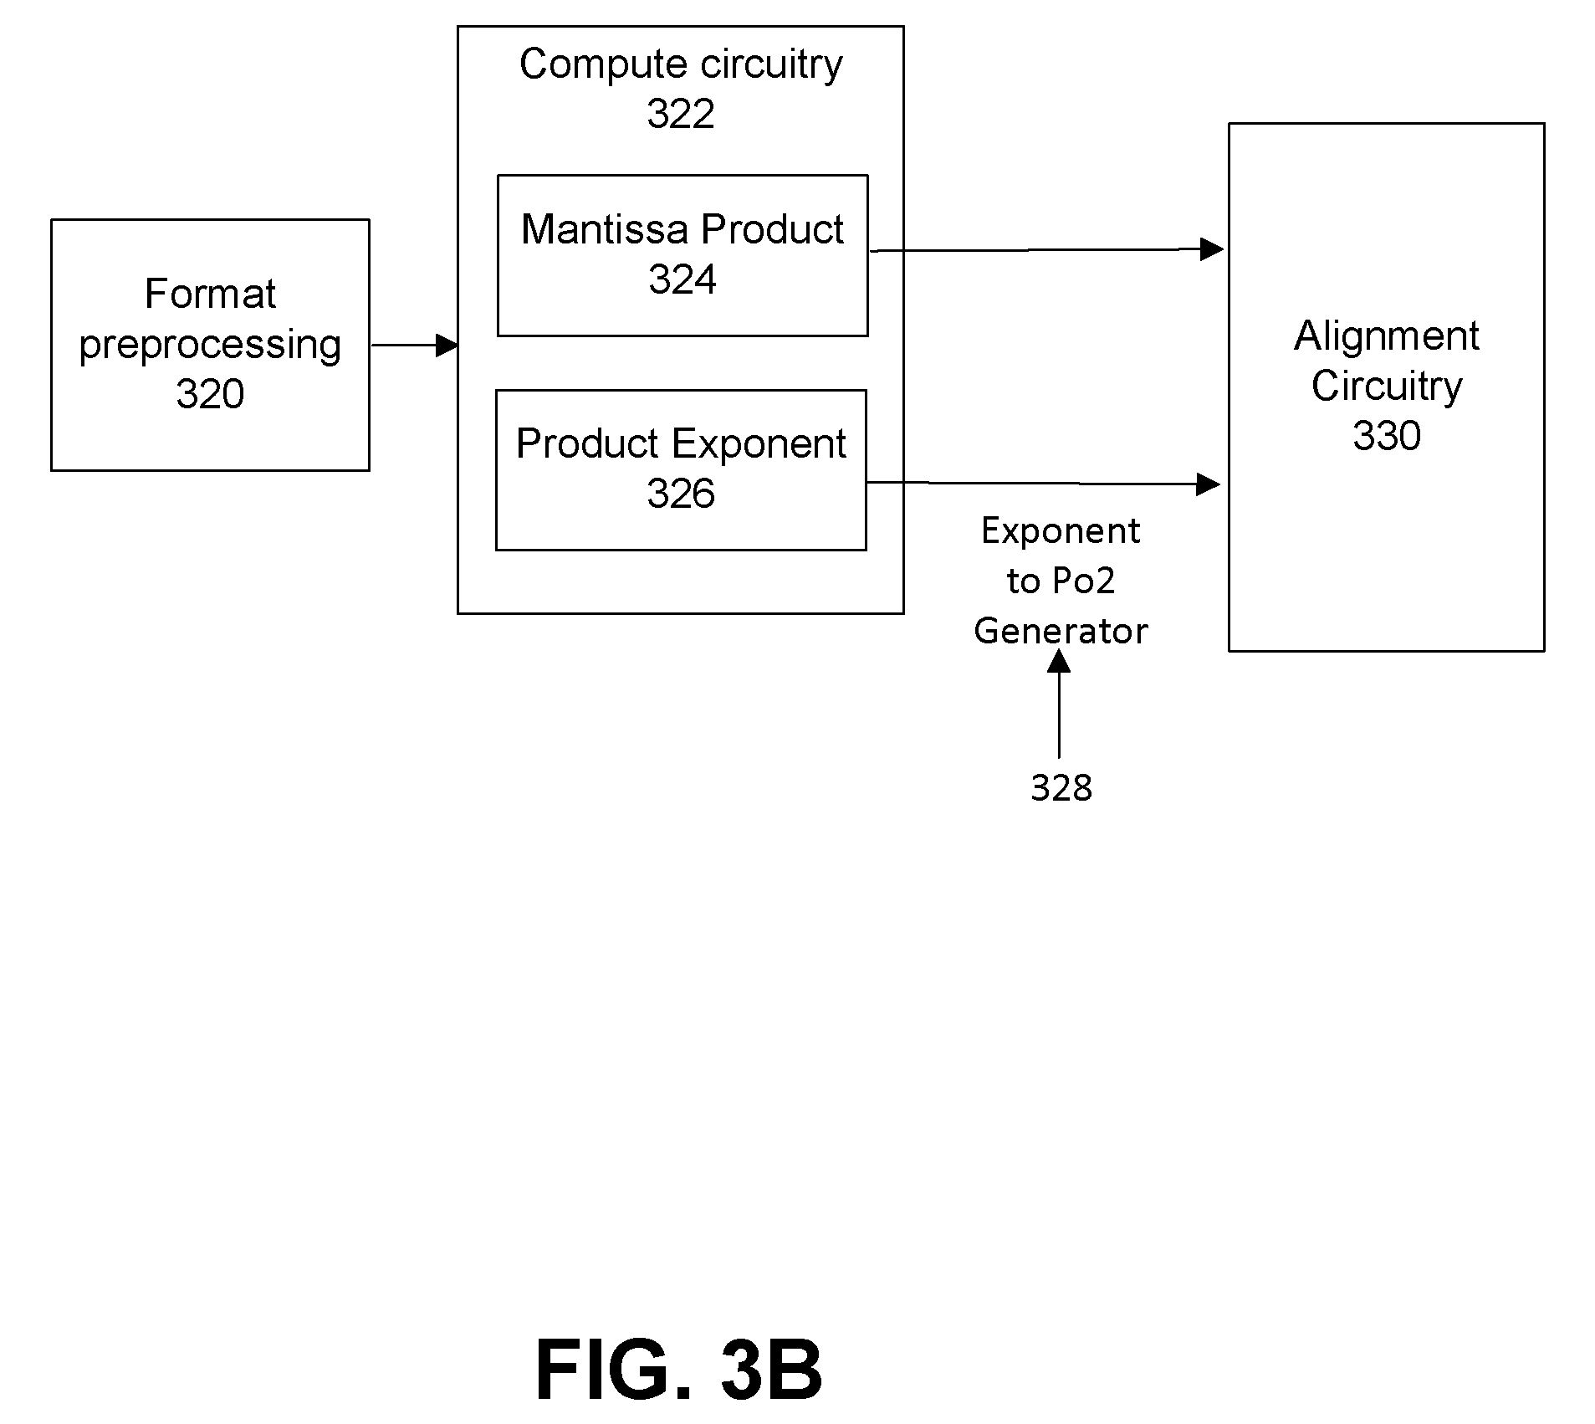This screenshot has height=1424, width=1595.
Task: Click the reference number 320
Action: (x=210, y=394)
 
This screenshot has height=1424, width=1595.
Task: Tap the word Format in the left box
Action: (x=210, y=294)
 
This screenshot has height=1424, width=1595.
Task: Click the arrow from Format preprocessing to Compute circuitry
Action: (x=414, y=345)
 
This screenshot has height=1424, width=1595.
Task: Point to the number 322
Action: (x=681, y=114)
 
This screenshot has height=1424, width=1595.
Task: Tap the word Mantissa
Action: (x=605, y=229)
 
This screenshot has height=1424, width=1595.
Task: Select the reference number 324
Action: (x=682, y=279)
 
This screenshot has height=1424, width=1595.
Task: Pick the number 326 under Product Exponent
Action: (x=681, y=494)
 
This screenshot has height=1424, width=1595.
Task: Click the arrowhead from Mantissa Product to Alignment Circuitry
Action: (x=1212, y=248)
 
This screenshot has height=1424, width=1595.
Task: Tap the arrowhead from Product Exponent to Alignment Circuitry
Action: (x=1209, y=484)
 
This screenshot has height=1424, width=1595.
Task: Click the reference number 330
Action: (x=1387, y=436)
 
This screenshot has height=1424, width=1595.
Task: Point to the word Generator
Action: (x=1061, y=631)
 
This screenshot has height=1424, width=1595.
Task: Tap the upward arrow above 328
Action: (x=1059, y=704)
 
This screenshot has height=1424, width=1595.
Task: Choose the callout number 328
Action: (x=1061, y=788)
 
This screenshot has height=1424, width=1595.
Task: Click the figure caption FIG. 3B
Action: (x=679, y=1369)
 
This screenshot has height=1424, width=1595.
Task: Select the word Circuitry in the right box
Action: (x=1387, y=387)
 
